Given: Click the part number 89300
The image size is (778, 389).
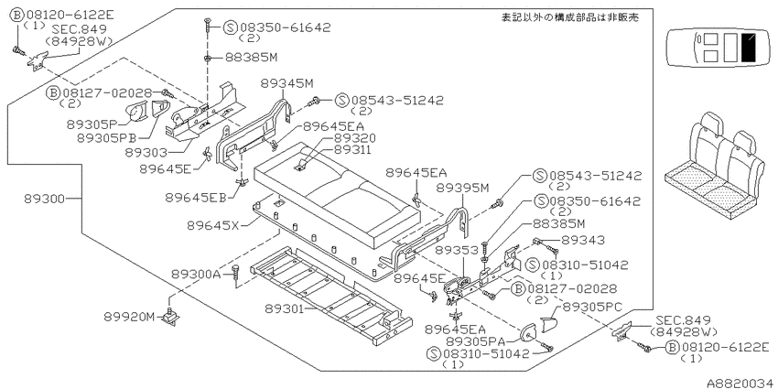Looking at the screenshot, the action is (x=44, y=199).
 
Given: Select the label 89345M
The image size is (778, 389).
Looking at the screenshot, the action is (x=287, y=83).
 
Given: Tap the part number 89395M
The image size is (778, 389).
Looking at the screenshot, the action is (x=463, y=188).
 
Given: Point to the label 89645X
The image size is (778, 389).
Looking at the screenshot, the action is (x=213, y=225).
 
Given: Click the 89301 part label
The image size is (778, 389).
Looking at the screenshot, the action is (x=284, y=308).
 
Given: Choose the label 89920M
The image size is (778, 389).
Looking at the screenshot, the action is (x=130, y=317).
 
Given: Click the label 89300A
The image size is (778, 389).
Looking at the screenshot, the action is (x=196, y=274).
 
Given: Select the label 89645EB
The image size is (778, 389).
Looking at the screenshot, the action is (x=197, y=198).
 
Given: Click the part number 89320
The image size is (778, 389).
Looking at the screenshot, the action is (x=354, y=138).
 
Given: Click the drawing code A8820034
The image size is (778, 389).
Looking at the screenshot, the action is (x=741, y=384).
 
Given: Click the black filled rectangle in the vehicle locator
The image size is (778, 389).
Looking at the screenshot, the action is (x=748, y=47).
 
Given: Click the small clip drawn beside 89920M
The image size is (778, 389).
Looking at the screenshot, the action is (x=172, y=317).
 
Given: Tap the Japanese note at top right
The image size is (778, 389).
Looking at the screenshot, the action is (x=569, y=18).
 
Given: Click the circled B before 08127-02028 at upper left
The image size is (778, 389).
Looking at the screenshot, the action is (x=53, y=92).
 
